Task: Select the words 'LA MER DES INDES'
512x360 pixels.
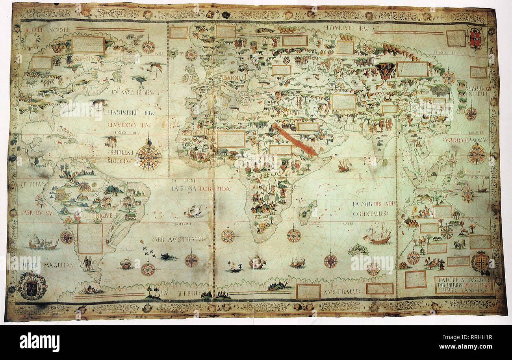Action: pos(374,204)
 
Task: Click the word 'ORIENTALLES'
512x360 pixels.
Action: pos(370,213)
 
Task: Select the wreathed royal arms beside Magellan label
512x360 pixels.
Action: pos(32,286)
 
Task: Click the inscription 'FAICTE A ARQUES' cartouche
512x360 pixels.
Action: pos(464,284)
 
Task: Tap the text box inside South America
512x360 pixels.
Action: pos(90,239)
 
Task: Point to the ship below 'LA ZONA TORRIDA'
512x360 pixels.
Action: pos(193,212)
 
